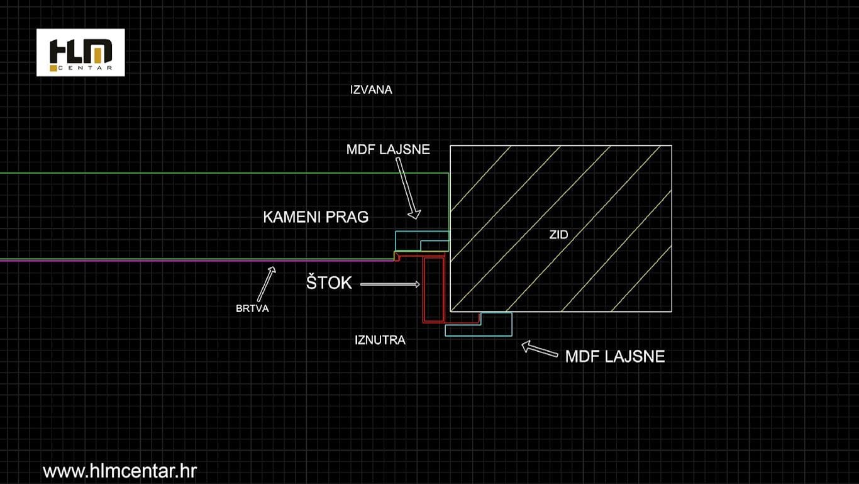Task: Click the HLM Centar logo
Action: [80, 53]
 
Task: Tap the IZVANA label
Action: [371, 90]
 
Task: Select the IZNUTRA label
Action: [380, 340]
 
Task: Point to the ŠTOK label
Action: [329, 283]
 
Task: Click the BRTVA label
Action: [252, 308]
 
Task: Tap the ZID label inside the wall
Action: [559, 235]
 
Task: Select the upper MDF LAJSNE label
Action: [388, 150]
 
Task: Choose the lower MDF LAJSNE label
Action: [615, 357]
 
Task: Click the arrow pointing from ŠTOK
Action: [391, 284]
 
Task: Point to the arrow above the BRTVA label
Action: [267, 284]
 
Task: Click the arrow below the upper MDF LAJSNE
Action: [408, 188]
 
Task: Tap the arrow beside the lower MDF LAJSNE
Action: [540, 349]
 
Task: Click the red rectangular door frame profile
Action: [434, 290]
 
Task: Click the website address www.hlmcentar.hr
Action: [119, 471]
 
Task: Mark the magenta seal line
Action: [197, 261]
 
